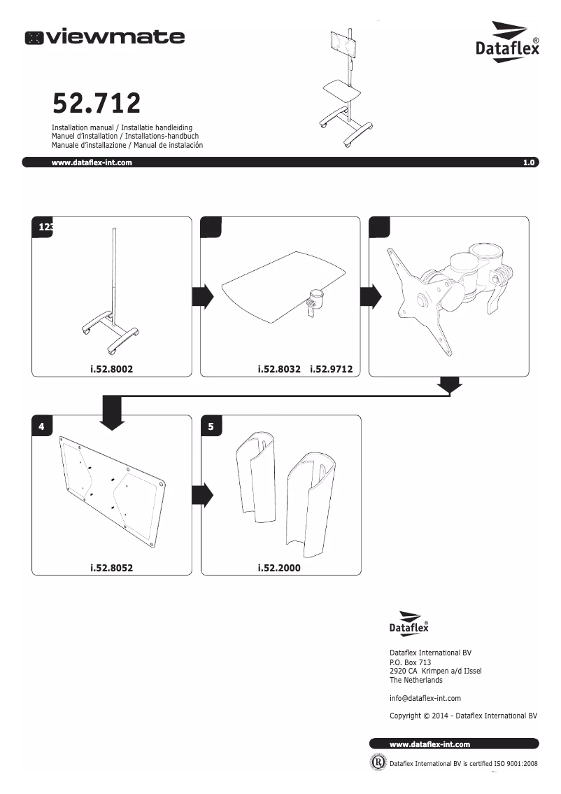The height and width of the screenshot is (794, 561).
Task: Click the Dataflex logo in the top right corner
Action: pos(507,42)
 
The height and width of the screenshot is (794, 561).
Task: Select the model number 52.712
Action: pos(97,104)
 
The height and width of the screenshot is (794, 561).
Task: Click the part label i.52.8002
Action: pos(111,368)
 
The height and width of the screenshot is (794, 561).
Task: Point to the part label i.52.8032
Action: pos(279,368)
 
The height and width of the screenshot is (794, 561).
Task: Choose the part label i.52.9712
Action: pos(331,368)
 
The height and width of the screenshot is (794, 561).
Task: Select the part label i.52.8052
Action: pos(111,568)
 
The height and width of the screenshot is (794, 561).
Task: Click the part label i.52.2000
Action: pos(279,568)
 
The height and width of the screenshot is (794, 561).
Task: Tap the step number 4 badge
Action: pos(42,426)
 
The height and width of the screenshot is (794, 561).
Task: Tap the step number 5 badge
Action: pos(211,426)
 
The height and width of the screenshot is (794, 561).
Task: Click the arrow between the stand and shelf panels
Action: pos(202,297)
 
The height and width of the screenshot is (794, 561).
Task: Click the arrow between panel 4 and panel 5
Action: pos(202,495)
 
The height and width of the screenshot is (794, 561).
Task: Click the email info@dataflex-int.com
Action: pos(425,698)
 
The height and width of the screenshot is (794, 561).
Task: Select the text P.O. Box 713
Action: pos(410,662)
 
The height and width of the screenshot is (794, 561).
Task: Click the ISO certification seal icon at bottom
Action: pos(377,762)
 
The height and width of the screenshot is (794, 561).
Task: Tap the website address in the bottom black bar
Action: pos(429,744)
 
